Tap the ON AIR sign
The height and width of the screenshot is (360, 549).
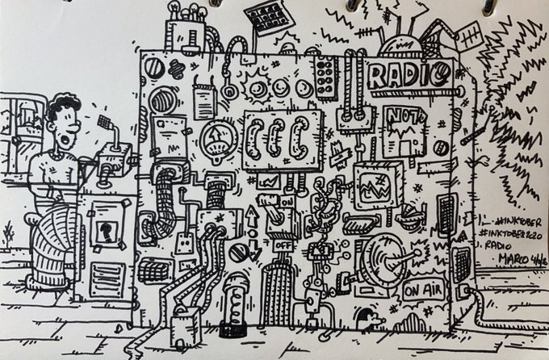(x=420, y=287)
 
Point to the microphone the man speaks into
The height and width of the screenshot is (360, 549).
(x=104, y=123)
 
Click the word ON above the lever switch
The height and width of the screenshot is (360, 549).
(x=287, y=199)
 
